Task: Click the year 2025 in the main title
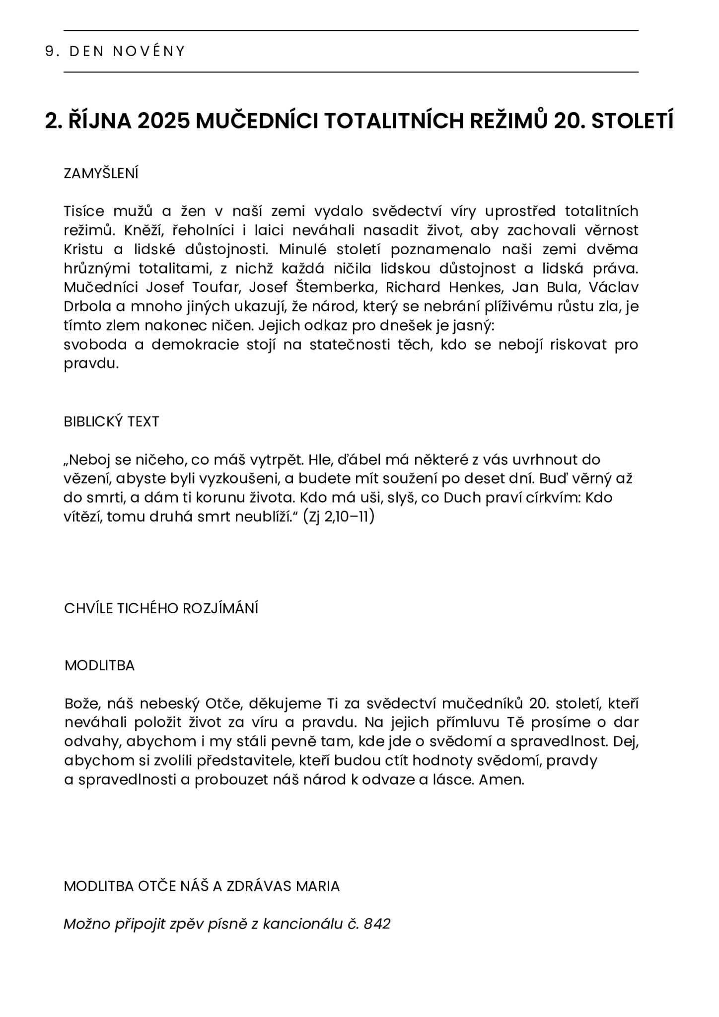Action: (x=163, y=121)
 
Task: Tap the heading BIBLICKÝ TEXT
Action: (x=111, y=422)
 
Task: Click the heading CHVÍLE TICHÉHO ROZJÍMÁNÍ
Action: (x=161, y=608)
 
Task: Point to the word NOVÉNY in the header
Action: (x=149, y=51)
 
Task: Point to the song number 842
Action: (x=377, y=924)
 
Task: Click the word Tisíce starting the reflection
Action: (x=84, y=212)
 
